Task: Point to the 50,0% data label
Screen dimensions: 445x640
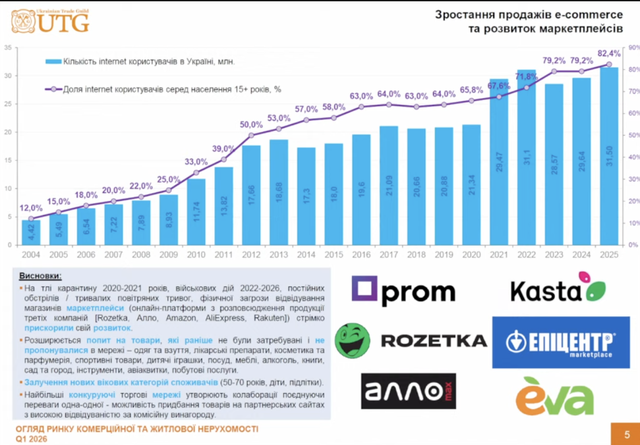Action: (x=252, y=125)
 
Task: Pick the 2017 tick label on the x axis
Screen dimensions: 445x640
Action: (x=389, y=255)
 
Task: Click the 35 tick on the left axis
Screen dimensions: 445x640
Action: (x=7, y=47)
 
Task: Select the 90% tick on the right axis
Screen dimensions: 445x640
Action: (x=634, y=47)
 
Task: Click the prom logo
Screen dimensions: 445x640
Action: (x=403, y=292)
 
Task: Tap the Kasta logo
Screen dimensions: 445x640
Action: (x=558, y=290)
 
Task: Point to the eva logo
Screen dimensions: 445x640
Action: (x=554, y=396)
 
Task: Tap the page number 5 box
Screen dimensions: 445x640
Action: (x=627, y=434)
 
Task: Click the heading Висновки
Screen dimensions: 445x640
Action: (x=40, y=276)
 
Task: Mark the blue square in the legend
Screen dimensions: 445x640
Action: (x=53, y=61)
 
